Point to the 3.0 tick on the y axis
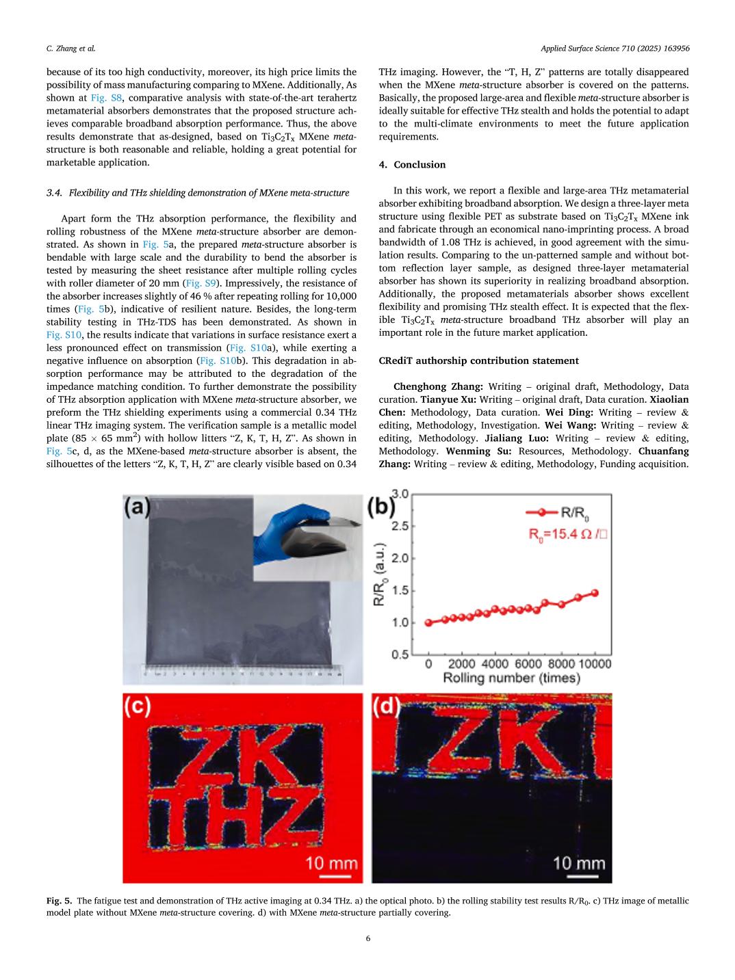point(400,494)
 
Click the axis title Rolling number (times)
point(511,678)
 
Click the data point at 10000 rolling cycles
point(595,593)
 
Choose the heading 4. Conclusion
point(412,165)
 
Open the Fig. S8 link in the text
point(106,98)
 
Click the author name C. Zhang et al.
point(70,48)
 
